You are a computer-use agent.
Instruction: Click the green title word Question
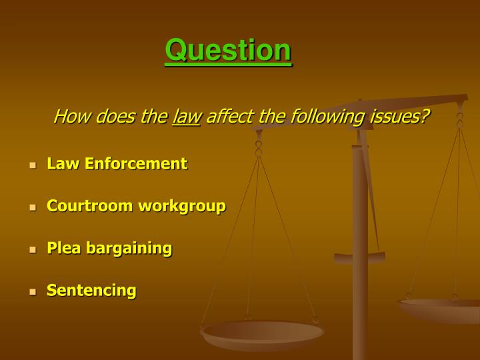coord(228,51)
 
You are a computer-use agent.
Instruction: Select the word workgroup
coord(181,207)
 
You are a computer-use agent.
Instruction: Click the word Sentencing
coord(91,291)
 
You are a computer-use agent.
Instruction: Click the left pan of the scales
coord(262,333)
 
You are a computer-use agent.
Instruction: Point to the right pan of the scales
coord(440,309)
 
